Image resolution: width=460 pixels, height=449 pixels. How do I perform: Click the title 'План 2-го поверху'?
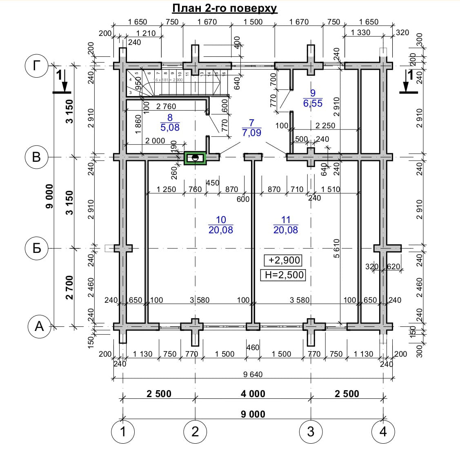[x=224, y=9]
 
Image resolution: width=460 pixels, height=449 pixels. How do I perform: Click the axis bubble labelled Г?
[x=37, y=65]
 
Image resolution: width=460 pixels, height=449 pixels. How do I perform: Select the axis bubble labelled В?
[x=37, y=157]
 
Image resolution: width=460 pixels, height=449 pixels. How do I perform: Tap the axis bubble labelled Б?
[x=37, y=248]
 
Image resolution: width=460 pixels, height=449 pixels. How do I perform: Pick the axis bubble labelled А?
[x=39, y=326]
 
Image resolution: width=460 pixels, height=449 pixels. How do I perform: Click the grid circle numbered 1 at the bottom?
[x=123, y=431]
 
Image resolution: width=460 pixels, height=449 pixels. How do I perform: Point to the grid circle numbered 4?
[x=383, y=431]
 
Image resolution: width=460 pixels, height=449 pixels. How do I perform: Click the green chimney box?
[x=195, y=158]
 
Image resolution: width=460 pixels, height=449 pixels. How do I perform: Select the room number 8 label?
[x=170, y=118]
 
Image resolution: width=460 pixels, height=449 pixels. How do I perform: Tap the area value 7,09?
[x=251, y=133]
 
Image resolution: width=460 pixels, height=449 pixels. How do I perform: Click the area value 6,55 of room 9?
[x=313, y=103]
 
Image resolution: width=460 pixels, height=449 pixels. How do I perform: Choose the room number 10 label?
[x=221, y=220]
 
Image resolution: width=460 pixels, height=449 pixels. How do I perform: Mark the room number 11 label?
[x=286, y=220]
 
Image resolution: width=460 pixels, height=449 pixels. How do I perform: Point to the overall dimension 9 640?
[x=253, y=374]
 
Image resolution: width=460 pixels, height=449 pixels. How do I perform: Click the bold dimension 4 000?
[x=253, y=394]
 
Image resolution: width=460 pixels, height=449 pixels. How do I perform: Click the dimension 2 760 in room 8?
[x=166, y=107]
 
